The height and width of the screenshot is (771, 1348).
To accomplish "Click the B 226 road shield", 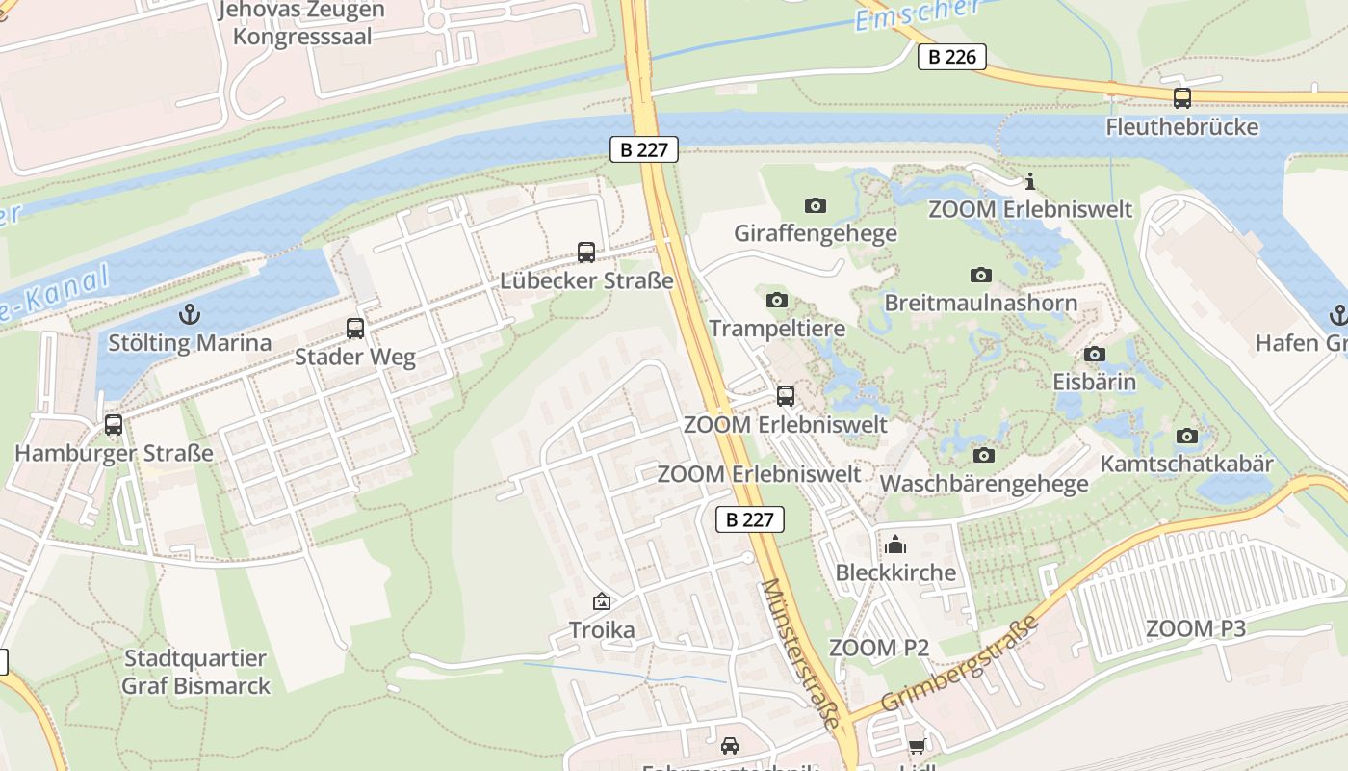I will point(952,57).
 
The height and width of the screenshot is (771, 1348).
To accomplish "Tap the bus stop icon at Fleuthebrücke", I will point(1181,97).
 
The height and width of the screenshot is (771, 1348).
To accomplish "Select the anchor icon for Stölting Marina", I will point(190,313).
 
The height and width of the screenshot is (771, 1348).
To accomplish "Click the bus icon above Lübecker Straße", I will point(585,253).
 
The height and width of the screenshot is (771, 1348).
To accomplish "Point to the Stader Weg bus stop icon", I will point(354,329).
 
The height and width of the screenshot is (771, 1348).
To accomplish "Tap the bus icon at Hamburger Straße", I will point(114,425).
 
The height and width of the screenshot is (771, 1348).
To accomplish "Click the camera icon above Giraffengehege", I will point(815,205).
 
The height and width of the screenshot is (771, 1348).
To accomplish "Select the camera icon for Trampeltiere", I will point(776,301).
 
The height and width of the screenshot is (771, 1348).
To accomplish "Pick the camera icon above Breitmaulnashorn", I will point(980,276).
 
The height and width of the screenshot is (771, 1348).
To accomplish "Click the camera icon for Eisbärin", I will point(1094,354).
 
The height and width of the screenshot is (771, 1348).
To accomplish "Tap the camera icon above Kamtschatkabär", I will point(1186,436).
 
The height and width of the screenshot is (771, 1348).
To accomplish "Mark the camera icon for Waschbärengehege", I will point(983,455).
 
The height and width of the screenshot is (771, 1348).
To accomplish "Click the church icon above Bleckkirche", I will point(895,545).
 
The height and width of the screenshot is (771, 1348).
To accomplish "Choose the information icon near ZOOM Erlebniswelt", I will point(1029,181).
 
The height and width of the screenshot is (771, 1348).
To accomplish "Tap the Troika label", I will point(602,630).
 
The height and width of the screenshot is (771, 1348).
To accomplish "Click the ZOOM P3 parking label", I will point(1195,629).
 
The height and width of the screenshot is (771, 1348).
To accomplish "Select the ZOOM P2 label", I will point(878,648).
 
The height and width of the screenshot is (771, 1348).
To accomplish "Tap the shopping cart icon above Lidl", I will point(916,746).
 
